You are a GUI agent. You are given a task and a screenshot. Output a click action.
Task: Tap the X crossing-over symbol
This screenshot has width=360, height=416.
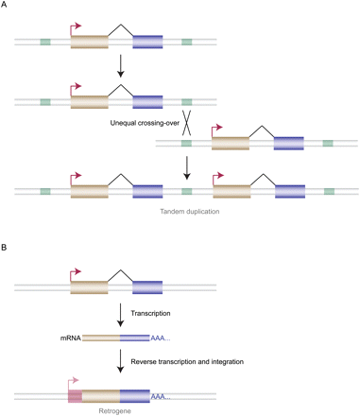point(188,123)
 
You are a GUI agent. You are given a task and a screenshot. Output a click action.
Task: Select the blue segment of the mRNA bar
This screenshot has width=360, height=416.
point(133,338)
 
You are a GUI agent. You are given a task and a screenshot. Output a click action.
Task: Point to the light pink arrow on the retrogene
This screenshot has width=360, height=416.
point(76,379)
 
